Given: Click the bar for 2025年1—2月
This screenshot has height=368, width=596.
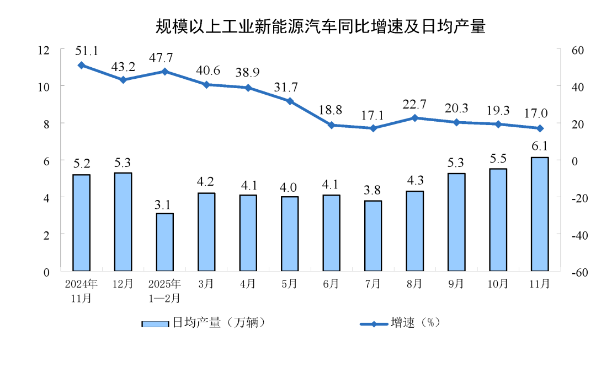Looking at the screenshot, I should pos(164,242).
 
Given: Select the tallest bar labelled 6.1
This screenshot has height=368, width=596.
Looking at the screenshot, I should pos(539,214).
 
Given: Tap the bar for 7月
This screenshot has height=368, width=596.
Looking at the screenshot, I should pos(373,236).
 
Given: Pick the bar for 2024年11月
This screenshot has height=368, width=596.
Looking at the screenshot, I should pos(81,223).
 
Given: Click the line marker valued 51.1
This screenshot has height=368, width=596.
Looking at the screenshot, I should pos(81,65).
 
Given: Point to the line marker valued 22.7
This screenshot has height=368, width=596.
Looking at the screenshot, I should pos(414,118).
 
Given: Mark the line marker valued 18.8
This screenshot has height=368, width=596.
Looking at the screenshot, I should pos(331,125).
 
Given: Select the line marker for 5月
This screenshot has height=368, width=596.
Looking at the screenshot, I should pos(290,101).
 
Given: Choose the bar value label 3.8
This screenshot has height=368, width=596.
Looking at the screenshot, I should pos(373,190).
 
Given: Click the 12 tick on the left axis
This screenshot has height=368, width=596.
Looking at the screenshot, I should pos(43,50).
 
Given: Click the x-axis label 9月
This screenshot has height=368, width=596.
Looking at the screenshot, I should pos(456,284).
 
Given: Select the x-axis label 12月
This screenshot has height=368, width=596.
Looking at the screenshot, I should pos(123,284).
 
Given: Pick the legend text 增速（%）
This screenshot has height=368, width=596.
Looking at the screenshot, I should pos(415,323).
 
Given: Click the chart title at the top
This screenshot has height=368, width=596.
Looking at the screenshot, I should pos(320,26).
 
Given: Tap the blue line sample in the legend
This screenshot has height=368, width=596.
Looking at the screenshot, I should pos(374,323).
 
